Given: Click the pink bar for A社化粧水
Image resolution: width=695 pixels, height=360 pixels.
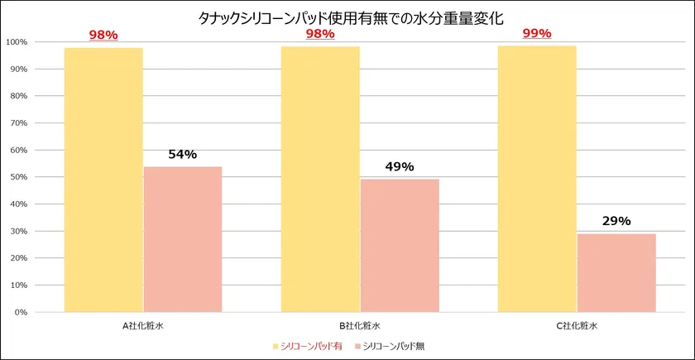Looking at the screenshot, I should pyautogui.click(x=183, y=239).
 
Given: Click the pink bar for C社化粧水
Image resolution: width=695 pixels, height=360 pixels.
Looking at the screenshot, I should pyautogui.click(x=616, y=272).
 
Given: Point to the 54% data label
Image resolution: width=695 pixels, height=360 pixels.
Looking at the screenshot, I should pyautogui.click(x=183, y=155).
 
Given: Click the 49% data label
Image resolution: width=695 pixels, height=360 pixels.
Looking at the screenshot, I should pyautogui.click(x=400, y=167).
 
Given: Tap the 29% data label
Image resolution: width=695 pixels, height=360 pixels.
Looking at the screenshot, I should pyautogui.click(x=616, y=221).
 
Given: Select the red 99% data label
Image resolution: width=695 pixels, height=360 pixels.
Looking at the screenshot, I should pyautogui.click(x=537, y=34).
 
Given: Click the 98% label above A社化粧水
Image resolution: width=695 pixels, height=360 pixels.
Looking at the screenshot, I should pyautogui.click(x=103, y=35).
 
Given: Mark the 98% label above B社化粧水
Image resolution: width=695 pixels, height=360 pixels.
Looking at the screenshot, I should pyautogui.click(x=320, y=34).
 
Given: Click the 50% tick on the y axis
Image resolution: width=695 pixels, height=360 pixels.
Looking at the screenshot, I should pyautogui.click(x=18, y=177).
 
